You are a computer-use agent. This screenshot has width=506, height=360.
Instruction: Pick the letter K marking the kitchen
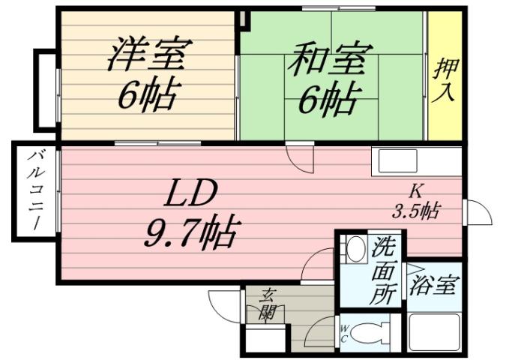(x=415, y=189)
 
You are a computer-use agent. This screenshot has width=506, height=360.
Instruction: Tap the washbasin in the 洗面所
(x=355, y=247)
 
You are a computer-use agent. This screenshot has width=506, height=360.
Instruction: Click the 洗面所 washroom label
(x=385, y=271)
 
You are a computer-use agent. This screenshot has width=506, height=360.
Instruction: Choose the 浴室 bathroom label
(x=433, y=286)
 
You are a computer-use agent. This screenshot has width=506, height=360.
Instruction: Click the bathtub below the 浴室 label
(x=433, y=331)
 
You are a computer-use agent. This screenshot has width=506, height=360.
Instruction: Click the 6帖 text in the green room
(x=328, y=99)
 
